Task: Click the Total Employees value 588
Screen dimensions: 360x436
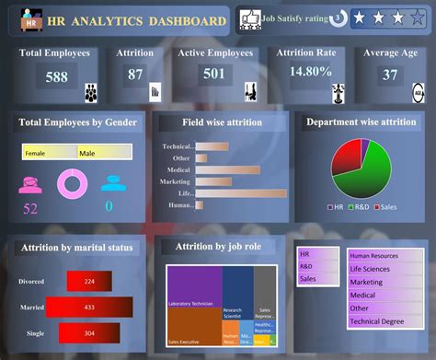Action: tap(56, 77)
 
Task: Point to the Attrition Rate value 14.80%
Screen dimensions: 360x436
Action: tap(310, 71)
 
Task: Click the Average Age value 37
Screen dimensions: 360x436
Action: tap(390, 75)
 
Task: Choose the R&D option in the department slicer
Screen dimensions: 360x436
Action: tap(317, 265)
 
